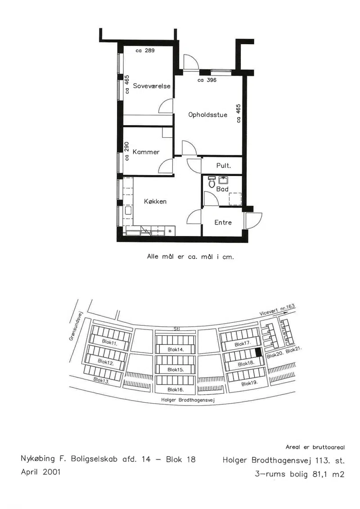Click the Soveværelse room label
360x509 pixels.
click(152, 86)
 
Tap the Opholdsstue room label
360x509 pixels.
click(208, 115)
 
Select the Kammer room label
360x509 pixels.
click(146, 152)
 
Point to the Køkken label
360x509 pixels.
click(155, 202)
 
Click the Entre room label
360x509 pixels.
click(223, 222)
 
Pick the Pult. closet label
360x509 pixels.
click(224, 166)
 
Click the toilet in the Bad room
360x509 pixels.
click(211, 182)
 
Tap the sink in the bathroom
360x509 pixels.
click(223, 180)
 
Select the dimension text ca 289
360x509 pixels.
click(145, 50)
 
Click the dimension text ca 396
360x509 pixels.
click(207, 80)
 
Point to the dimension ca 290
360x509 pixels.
click(127, 151)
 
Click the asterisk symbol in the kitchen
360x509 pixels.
click(170, 231)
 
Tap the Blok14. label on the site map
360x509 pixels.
click(175, 350)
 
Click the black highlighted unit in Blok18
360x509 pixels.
click(258, 351)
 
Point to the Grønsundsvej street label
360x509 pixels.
click(76, 325)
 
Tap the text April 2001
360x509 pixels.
click(41, 472)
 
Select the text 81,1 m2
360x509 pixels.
click(328, 474)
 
